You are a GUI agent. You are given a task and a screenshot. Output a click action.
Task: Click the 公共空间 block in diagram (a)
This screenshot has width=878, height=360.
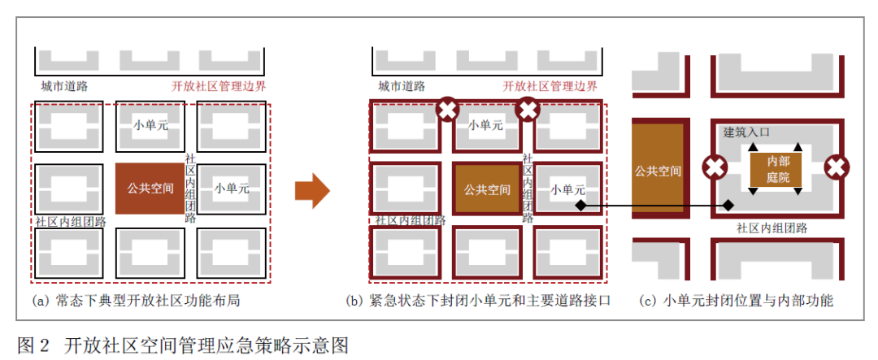tap(150, 189)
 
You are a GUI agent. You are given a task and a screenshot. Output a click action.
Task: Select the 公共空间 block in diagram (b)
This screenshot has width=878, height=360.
tap(487, 189)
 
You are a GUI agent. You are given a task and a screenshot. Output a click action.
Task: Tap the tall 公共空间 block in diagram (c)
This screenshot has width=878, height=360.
tap(658, 171)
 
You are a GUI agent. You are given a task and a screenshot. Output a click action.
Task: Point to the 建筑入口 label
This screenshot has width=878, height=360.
tap(746, 131)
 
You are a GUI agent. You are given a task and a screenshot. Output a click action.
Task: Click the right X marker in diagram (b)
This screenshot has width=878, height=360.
tap(528, 109)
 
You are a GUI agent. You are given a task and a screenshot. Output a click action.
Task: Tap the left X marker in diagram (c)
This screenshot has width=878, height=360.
tap(715, 168)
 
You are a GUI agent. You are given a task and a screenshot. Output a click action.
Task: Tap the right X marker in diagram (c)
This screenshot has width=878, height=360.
tap(836, 168)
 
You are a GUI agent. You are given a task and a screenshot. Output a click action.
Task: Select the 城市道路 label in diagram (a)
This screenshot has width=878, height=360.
tap(64, 85)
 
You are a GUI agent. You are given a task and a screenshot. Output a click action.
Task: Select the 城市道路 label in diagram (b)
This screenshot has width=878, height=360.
tap(401, 85)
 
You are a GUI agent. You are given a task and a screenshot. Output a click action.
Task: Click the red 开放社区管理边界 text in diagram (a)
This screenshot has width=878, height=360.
tap(219, 85)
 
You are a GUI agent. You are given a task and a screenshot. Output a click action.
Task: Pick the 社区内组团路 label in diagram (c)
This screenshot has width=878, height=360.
tap(772, 228)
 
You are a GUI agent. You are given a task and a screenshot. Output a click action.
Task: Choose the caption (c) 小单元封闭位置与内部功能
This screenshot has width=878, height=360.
tap(737, 301)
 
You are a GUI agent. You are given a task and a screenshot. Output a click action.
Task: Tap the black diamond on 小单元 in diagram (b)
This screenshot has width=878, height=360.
tap(580, 206)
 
